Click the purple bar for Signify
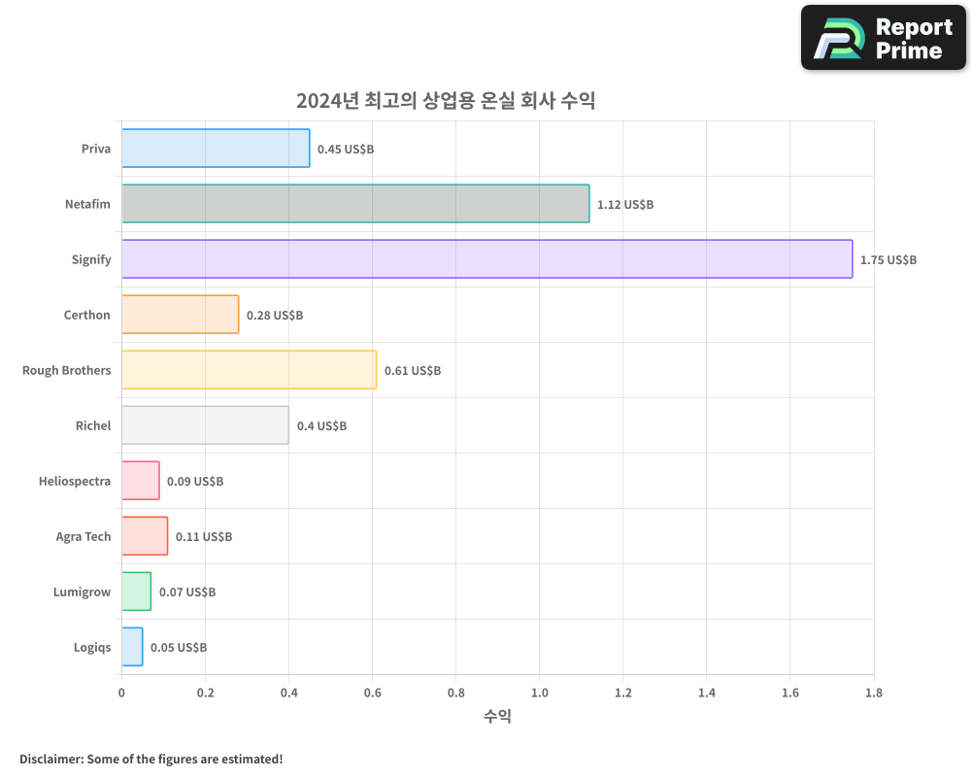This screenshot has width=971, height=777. point(486,259)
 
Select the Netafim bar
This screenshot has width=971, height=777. point(355,204)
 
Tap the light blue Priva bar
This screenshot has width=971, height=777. point(216,149)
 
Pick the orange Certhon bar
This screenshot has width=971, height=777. point(180,315)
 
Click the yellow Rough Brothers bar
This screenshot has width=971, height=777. point(249,370)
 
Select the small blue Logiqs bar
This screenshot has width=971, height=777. point(132,647)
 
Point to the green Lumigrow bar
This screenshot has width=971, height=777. point(136,591)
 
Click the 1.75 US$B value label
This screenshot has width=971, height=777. point(888,260)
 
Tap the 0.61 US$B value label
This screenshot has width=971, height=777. point(413,371)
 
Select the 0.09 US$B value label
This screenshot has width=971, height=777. point(195,482)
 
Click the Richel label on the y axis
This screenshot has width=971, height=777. point(93,425)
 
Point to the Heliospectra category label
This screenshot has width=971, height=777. point(75,481)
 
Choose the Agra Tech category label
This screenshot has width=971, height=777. point(84,536)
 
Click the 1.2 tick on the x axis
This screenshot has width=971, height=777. point(623,693)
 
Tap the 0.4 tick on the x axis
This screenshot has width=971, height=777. point(288,693)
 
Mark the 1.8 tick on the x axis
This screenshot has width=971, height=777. point(874,693)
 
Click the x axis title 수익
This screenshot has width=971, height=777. point(497,717)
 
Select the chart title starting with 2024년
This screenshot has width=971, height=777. point(446,101)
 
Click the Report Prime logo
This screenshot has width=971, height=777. point(884,38)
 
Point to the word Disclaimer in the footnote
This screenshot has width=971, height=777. point(50,759)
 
